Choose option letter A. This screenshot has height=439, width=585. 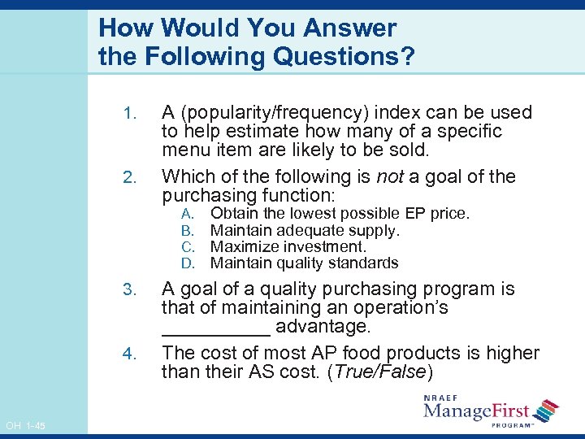click(186, 214)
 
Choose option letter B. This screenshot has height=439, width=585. click(186, 230)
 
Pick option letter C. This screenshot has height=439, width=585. click(186, 246)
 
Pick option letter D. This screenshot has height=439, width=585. click(186, 263)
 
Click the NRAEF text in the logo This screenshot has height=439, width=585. click(444, 397)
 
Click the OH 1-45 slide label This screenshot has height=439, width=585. click(25, 427)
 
